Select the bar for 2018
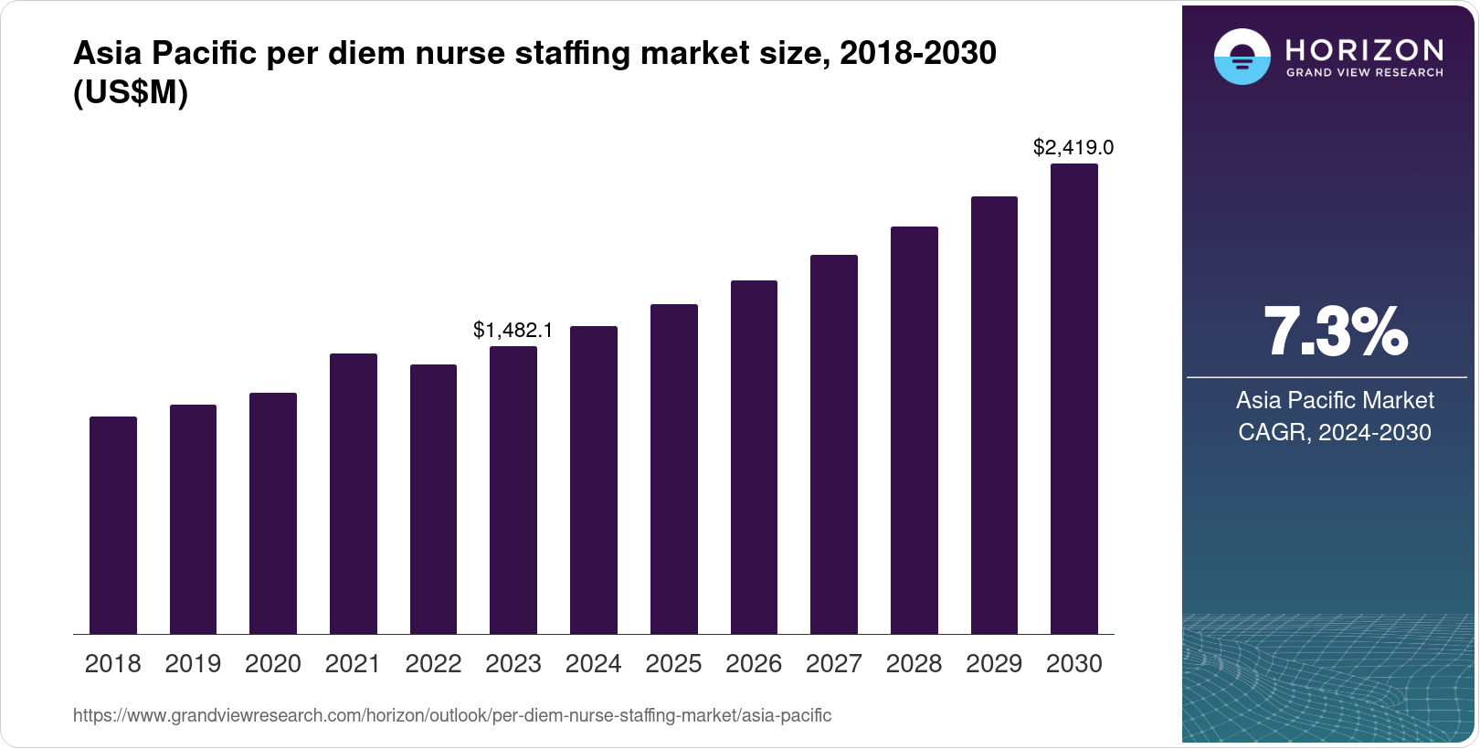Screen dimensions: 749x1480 pos(113,525)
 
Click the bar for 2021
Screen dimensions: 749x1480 pos(354,493)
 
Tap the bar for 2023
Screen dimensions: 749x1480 pos(513,490)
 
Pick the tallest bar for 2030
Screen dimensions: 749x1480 pos(1074,399)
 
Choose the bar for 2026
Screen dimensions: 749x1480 pos(754,457)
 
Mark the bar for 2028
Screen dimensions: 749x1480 pos(914,430)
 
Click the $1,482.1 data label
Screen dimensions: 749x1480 pos(513,331)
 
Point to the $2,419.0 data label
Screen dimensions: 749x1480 pos(1073,147)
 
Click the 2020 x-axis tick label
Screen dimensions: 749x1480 pos(273,664)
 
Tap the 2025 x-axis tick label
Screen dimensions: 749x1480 pos(673,664)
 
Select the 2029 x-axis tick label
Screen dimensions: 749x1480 pos(994,664)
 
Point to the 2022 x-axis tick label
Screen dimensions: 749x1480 pos(433,664)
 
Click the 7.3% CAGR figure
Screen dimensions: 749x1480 pos(1335,332)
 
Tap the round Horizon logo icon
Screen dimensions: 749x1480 pos(1242,57)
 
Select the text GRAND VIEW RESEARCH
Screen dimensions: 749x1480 pos(1364,72)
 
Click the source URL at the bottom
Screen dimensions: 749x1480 pos(452,715)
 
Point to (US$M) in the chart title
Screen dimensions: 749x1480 pos(130,93)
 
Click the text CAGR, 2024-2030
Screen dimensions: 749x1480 pos(1334,432)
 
